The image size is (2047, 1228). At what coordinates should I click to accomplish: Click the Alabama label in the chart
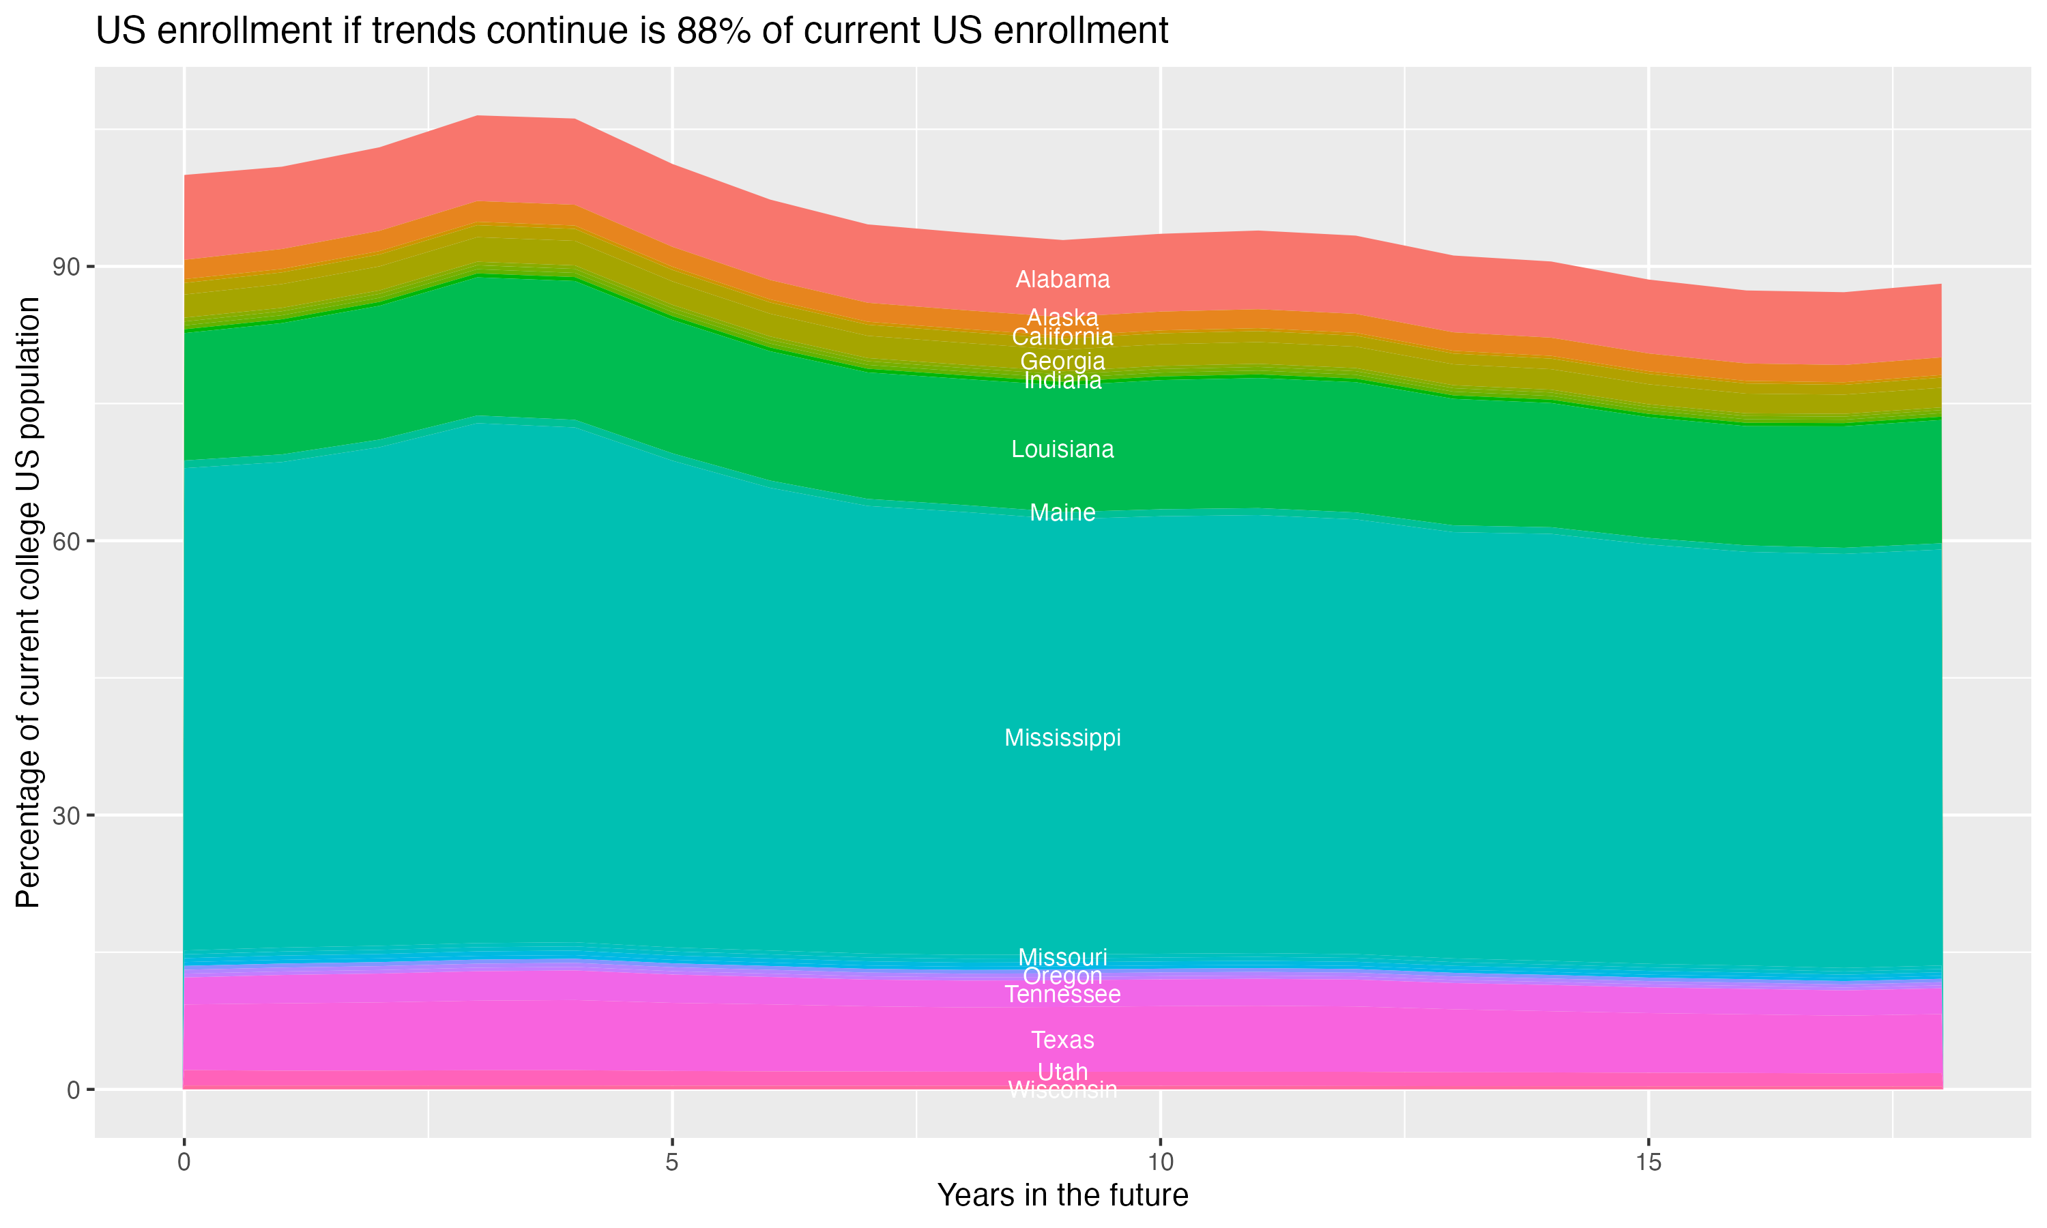click(x=1062, y=280)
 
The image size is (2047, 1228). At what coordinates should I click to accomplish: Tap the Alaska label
click(x=1062, y=317)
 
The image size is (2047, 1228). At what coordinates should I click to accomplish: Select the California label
click(x=1062, y=337)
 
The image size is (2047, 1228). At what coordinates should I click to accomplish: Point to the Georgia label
click(x=1062, y=361)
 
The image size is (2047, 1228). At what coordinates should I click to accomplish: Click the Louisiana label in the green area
click(x=1062, y=450)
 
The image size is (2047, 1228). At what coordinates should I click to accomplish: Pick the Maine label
click(x=1062, y=513)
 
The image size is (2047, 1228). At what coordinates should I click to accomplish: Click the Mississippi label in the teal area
click(x=1062, y=737)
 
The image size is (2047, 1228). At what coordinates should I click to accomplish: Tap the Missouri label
click(x=1062, y=957)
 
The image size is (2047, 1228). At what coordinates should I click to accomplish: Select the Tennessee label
click(x=1062, y=995)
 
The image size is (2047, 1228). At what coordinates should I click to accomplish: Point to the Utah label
click(x=1062, y=1072)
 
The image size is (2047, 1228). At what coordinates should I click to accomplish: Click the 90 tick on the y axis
click(x=67, y=267)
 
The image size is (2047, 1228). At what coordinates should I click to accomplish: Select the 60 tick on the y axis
click(x=67, y=541)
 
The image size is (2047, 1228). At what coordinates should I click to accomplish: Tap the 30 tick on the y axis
click(x=67, y=816)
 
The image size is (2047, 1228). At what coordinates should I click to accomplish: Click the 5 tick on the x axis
click(x=672, y=1163)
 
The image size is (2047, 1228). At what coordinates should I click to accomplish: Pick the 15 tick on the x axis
click(x=1649, y=1163)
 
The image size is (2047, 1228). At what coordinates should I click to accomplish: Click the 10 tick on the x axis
click(x=1160, y=1163)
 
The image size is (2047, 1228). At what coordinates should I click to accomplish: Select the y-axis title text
click(x=28, y=602)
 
